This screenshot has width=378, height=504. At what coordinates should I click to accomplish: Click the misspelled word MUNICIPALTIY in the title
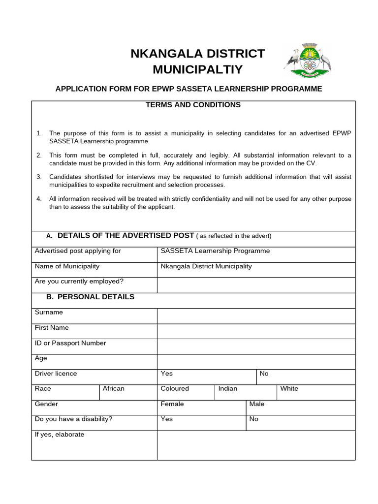pyautogui.click(x=197, y=69)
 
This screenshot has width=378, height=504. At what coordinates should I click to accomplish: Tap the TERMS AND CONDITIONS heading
pyautogui.click(x=193, y=105)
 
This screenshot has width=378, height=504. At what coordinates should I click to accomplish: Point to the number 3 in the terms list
pyautogui.click(x=39, y=177)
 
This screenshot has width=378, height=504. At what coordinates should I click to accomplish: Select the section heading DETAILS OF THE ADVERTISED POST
pyautogui.click(x=126, y=236)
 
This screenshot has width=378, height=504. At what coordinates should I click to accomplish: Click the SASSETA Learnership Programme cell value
pyautogui.click(x=215, y=251)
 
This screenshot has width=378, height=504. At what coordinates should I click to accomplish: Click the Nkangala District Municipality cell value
pyautogui.click(x=206, y=266)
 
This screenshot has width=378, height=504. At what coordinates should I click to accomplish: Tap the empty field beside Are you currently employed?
pyautogui.click(x=256, y=285)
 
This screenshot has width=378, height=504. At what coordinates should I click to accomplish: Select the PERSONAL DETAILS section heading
pyautogui.click(x=95, y=297)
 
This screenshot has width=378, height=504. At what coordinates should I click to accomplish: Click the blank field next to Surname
pyautogui.click(x=256, y=316)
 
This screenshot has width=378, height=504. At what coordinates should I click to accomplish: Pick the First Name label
pyautogui.click(x=52, y=328)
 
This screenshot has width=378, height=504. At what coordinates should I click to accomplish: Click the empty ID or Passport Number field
pyautogui.click(x=256, y=346)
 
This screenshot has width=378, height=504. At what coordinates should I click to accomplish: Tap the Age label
pyautogui.click(x=41, y=358)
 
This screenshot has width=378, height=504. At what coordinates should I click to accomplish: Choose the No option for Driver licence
pyautogui.click(x=264, y=374)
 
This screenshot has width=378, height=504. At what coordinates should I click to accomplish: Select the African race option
pyautogui.click(x=114, y=389)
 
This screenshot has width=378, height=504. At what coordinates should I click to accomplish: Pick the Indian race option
pyautogui.click(x=228, y=389)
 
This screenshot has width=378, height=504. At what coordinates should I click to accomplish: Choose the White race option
pyautogui.click(x=289, y=389)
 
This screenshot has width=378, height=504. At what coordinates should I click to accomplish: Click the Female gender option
pyautogui.click(x=172, y=404)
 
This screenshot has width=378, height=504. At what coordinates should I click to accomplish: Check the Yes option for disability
pyautogui.click(x=167, y=419)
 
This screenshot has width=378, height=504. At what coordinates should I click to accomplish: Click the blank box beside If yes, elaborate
pyautogui.click(x=256, y=445)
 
